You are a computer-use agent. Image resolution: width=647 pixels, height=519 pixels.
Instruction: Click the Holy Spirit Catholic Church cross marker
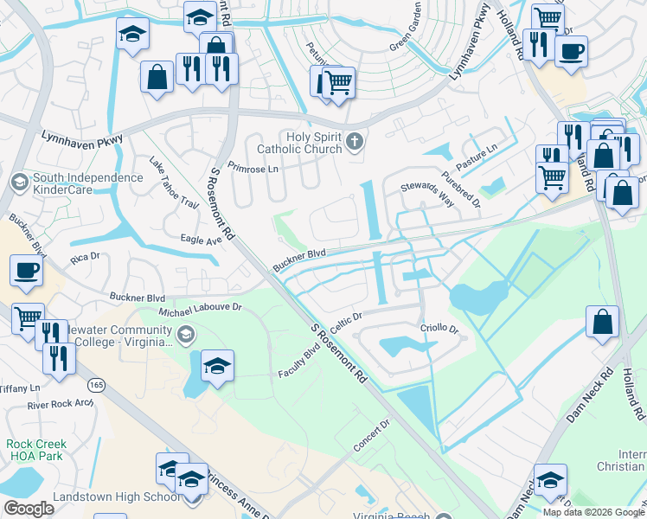pos(353,141)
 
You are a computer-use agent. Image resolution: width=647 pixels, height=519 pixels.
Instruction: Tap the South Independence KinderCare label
pos(76,184)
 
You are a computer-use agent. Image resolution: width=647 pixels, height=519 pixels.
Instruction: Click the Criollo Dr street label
pos(439,329)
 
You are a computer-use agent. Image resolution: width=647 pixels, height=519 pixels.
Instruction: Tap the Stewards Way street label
pos(427,194)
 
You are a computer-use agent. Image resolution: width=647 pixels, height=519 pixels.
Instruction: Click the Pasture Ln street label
pos(477,152)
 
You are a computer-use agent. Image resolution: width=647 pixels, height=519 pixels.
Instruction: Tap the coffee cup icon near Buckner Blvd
pos(25,271)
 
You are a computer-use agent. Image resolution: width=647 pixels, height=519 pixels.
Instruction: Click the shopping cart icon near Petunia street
pos(339,82)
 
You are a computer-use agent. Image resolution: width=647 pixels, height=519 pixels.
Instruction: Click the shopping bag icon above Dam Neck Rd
pos(602,322)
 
